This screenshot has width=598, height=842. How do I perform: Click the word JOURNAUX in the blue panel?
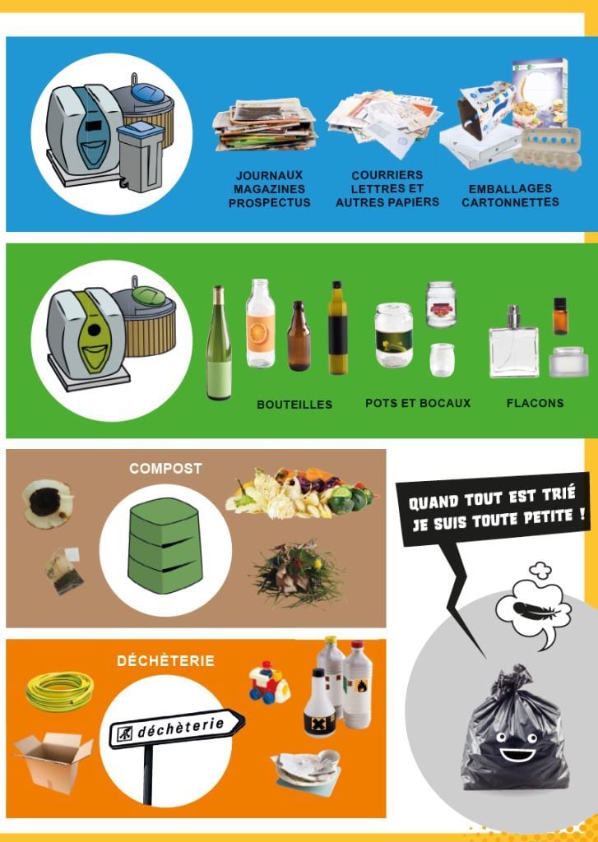269,176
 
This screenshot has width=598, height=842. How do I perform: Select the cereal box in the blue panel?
540,93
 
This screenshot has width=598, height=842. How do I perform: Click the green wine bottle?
219,344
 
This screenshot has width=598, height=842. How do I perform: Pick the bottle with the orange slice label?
261,324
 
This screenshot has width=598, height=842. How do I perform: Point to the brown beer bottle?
299,336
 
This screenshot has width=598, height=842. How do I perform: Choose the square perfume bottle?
513,342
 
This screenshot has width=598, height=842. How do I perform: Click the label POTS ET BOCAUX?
418,403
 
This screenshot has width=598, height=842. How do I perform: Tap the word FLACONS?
535,403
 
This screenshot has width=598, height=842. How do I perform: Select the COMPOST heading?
165,469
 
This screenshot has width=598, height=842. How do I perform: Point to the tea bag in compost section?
64,571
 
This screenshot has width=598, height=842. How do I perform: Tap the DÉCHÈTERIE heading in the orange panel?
165,660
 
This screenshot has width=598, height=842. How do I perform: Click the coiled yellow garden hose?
60,691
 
